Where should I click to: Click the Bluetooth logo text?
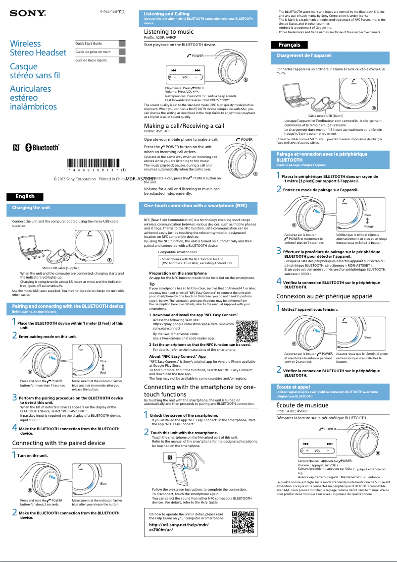pos(45,148)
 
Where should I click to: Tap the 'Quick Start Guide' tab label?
pos(89,44)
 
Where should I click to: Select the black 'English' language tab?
pos(25,196)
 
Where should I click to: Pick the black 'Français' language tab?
pos(290,45)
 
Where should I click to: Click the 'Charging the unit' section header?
pos(31,208)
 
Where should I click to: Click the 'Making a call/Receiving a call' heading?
pos(184,126)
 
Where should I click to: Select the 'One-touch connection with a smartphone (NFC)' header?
pos(196,205)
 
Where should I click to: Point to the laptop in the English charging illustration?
pos(34,246)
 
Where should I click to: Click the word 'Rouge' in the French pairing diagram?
pos(368,226)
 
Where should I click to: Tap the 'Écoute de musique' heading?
pos(302,405)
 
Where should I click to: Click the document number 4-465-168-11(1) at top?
pos(112,11)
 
